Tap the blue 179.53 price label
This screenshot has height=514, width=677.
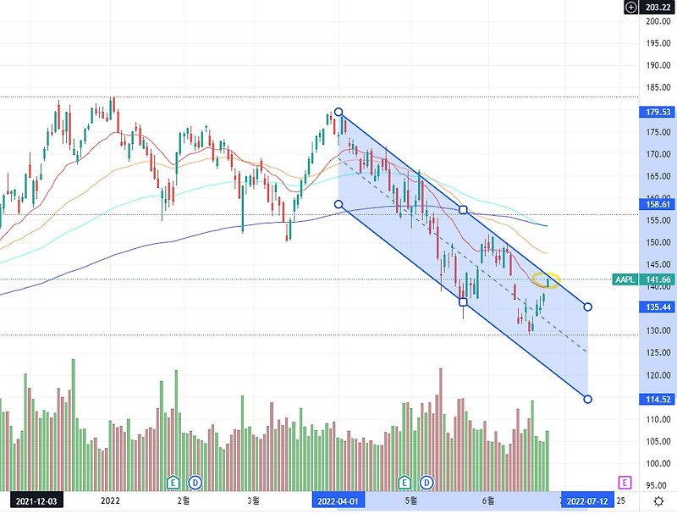coord(658,112)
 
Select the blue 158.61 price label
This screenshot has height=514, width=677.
coord(658,204)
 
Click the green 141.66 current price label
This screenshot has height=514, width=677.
coord(658,279)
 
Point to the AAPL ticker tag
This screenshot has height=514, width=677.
coord(625,279)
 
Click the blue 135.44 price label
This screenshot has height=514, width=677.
coord(658,307)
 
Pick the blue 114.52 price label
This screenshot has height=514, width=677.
coord(658,399)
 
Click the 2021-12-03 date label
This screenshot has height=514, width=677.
coord(36,501)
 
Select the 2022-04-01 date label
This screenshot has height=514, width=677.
coord(338,501)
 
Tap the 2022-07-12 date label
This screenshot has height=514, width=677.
coord(587,501)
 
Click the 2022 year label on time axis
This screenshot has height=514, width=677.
coord(110,500)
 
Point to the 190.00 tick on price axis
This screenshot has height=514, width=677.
coord(658,65)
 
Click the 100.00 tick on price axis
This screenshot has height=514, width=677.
coord(658,463)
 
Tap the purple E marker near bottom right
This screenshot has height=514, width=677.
coord(625,482)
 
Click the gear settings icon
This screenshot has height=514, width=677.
coord(658,501)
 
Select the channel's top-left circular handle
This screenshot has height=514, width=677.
coord(338,113)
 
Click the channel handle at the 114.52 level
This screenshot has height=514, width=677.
coord(587,399)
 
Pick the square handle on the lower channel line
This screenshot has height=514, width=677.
coord(463,301)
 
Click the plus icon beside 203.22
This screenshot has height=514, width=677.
coord(630,7)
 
